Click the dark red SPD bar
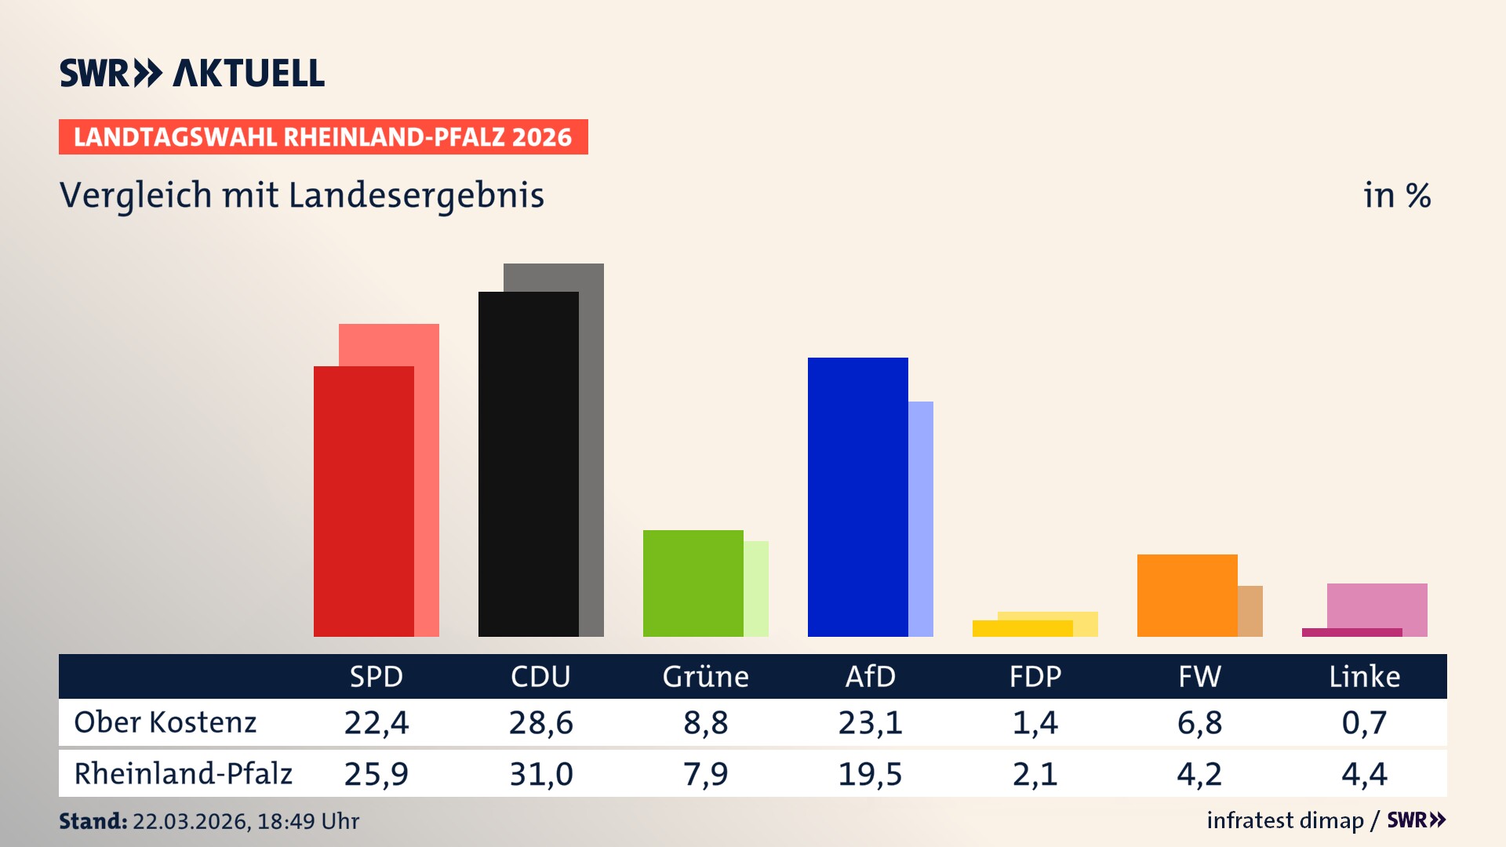[x=363, y=502]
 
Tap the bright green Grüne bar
[x=693, y=583]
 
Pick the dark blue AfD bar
[x=857, y=497]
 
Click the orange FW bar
[x=1187, y=595]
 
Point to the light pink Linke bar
[x=1377, y=605]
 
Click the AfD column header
[x=870, y=677]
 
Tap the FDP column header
[x=1035, y=677]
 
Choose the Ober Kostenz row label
[x=166, y=722]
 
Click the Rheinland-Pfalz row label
[x=183, y=774]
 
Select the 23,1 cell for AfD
[x=870, y=722]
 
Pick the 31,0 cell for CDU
[x=540, y=774]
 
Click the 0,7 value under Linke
[x=1364, y=722]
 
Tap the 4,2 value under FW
[x=1199, y=774]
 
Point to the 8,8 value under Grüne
[x=705, y=722]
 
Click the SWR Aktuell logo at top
[x=192, y=73]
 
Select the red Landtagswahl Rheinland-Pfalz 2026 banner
[x=323, y=137]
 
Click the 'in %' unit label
[x=1396, y=196]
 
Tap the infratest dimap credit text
[x=1285, y=820]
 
